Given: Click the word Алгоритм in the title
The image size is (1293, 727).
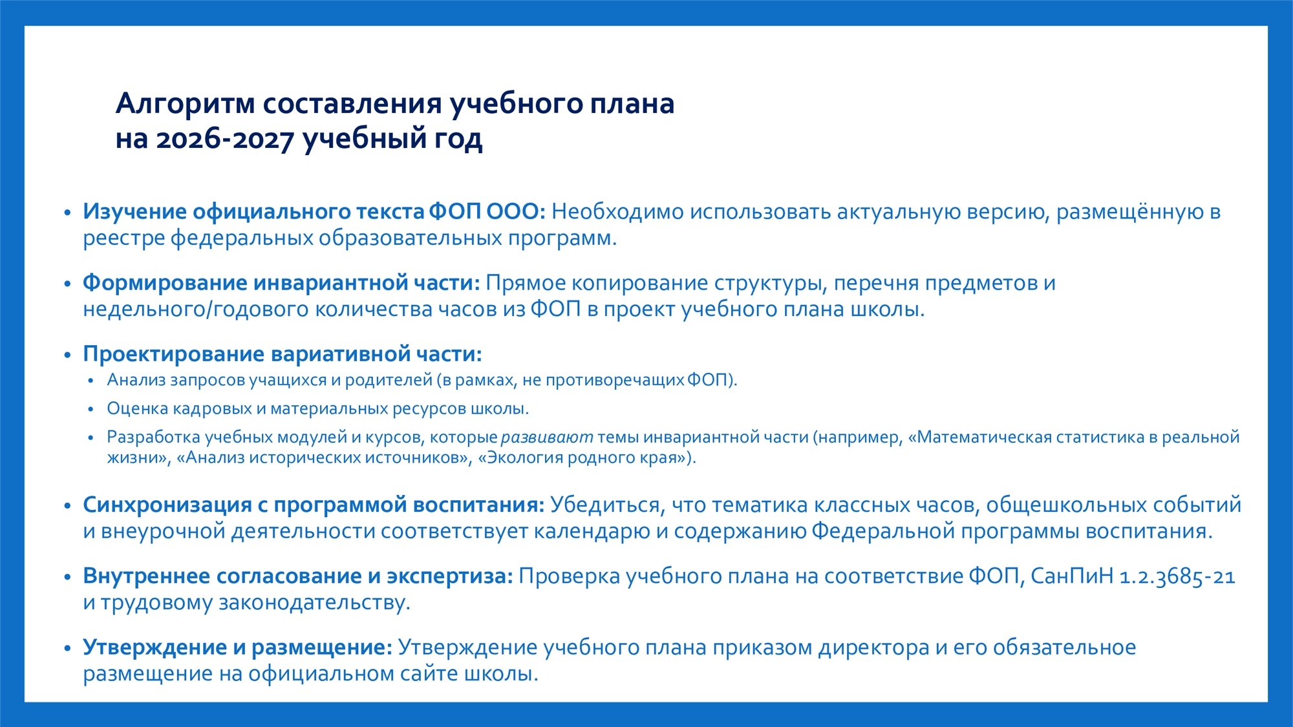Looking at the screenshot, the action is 186,104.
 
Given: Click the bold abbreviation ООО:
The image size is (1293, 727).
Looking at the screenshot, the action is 516,211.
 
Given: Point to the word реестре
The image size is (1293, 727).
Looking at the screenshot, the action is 123,239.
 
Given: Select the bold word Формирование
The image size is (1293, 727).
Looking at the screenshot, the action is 165,284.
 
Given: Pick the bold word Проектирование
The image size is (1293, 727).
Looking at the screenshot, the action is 174,355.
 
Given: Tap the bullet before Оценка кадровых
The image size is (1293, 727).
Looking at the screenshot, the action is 91,409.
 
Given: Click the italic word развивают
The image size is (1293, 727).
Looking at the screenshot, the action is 547,437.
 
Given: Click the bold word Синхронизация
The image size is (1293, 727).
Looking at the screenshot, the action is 167,505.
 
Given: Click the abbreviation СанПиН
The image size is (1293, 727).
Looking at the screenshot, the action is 1072,576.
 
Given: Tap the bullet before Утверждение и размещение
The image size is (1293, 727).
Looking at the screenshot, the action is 67,648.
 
